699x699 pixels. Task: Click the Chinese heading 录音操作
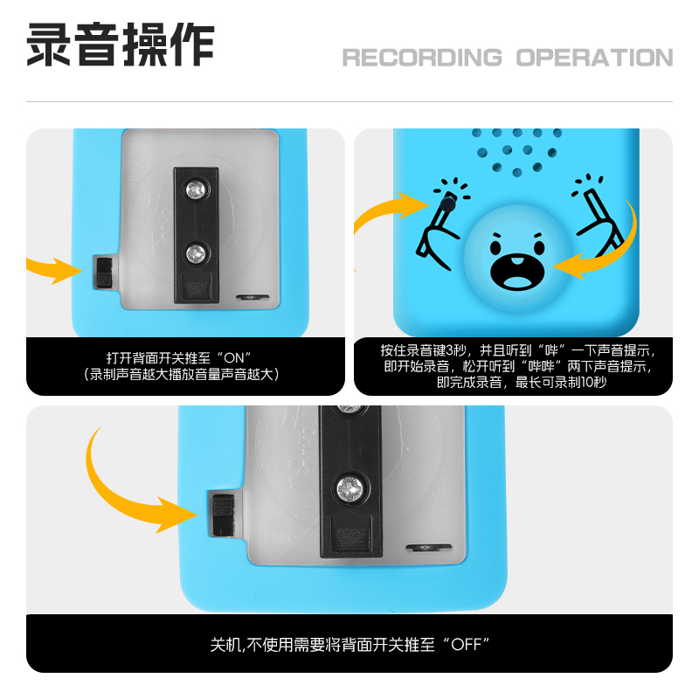[121, 45]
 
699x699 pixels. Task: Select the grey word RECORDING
[422, 58]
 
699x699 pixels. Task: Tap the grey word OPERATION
[594, 58]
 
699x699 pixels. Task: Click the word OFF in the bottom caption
[467, 647]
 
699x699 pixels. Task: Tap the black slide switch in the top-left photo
[104, 273]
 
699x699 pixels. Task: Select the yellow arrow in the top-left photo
[54, 269]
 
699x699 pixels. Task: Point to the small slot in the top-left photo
[254, 297]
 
